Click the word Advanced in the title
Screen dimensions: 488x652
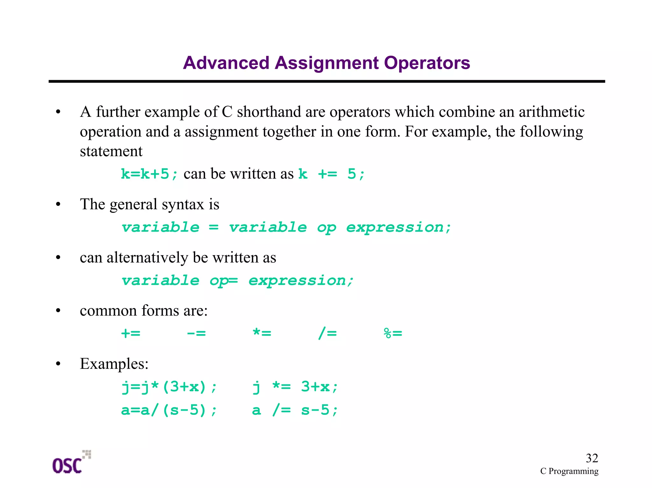226,63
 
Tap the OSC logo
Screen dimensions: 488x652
71,463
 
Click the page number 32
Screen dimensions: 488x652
592,458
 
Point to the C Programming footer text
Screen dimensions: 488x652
569,471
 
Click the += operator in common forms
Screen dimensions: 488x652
131,333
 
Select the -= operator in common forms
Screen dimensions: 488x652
196,333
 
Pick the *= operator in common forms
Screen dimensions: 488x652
262,333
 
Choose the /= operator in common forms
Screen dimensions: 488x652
327,333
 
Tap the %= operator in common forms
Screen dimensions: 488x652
393,333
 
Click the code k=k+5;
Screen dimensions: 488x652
149,174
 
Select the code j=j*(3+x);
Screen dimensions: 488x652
169,387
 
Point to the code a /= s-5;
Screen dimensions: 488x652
294,410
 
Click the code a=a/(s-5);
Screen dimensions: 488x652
169,410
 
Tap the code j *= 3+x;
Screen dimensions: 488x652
294,387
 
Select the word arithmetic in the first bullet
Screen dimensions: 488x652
551,112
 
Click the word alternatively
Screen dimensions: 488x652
147,257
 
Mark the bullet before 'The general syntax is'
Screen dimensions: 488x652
58,205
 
